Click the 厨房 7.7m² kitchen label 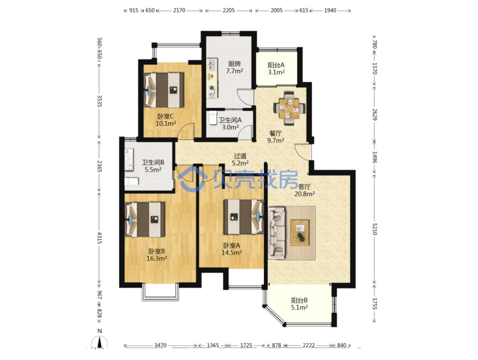click(235, 67)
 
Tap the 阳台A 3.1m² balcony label click(276, 68)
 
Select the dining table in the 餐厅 click(289, 108)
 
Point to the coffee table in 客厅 click(300, 232)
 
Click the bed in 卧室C click(164, 90)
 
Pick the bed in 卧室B click(145, 219)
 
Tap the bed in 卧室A click(243, 216)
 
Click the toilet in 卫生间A click(213, 118)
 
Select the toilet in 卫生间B click(132, 182)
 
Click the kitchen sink click(211, 65)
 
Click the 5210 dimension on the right click(375, 229)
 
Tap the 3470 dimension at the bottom click(161, 345)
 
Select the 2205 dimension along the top click(229, 10)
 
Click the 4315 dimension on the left click(99, 238)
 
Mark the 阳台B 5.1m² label click(299, 304)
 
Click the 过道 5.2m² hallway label click(240, 159)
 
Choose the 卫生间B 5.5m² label click(153, 166)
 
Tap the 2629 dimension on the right click(375, 114)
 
